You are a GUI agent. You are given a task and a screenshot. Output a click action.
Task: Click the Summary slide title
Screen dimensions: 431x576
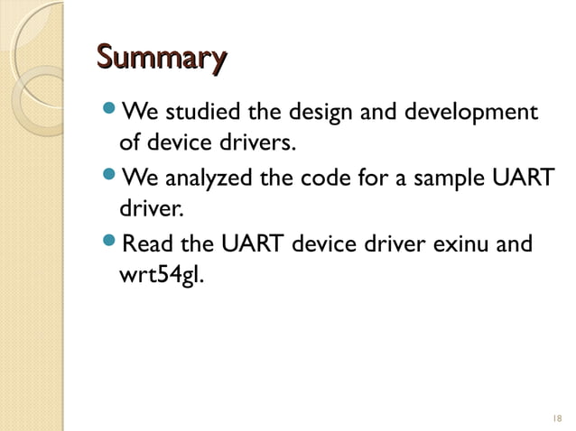161,60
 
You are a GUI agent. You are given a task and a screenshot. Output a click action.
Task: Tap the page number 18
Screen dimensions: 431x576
554,418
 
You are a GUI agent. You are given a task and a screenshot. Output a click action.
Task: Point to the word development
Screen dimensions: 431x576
466,115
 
